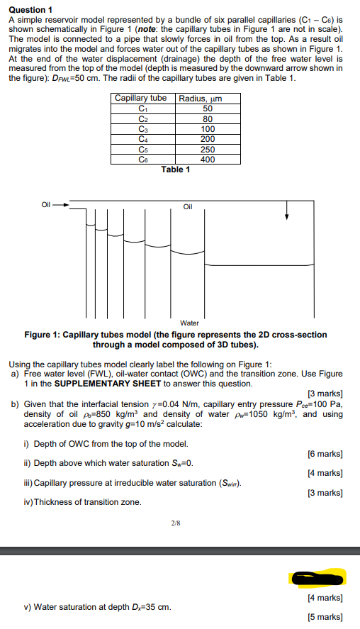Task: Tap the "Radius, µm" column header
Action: (x=201, y=99)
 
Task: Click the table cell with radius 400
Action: (x=207, y=159)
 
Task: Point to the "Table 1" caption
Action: (x=175, y=169)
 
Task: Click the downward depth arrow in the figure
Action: (x=287, y=209)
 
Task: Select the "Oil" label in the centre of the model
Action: (x=188, y=207)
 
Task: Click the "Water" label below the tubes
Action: (x=189, y=323)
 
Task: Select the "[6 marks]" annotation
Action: (x=325, y=454)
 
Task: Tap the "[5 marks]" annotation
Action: (x=325, y=617)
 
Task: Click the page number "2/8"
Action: (x=175, y=523)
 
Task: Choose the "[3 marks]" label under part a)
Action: (x=325, y=394)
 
